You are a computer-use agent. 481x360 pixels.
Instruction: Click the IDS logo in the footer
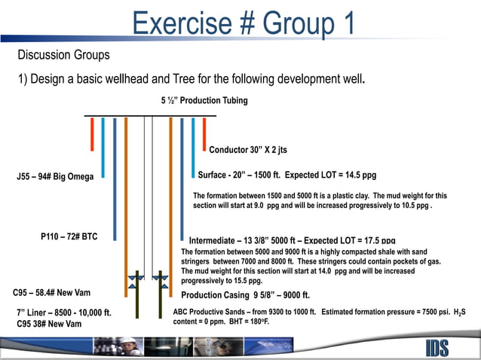click(440, 348)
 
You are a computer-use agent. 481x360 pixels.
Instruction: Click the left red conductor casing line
click(92, 133)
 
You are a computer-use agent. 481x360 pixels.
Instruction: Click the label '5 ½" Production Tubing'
click(204, 100)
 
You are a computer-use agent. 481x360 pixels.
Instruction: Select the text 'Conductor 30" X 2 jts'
click(248, 149)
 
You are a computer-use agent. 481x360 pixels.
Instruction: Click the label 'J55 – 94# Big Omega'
click(55, 177)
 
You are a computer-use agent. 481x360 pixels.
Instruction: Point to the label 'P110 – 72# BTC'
click(69, 236)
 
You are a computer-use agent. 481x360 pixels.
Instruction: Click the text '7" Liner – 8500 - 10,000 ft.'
click(64, 312)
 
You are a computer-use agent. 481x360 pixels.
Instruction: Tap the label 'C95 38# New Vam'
click(50, 324)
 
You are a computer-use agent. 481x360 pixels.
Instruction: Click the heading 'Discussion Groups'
click(63, 56)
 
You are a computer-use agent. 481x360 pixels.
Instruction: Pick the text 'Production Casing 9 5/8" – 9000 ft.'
click(246, 295)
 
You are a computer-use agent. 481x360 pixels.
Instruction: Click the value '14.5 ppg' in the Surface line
click(358, 175)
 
